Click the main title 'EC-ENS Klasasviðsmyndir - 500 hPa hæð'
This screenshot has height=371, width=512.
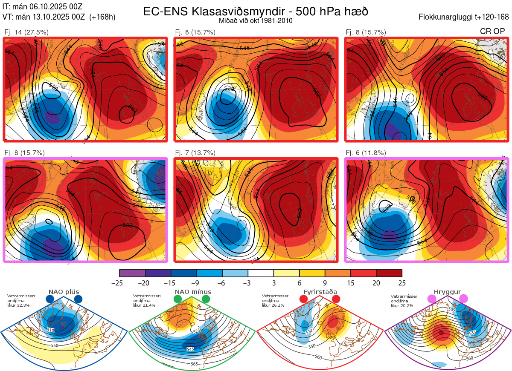tap(256, 12)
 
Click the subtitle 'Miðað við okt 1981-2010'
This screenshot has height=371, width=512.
tap(256, 21)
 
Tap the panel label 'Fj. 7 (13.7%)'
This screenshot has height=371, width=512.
tap(195, 153)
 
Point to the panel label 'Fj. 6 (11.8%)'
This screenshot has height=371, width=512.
tap(366, 153)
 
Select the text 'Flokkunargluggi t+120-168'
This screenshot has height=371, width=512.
tap(464, 17)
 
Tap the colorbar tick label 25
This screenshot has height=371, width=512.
tap(402, 283)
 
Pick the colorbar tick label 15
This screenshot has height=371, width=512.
tap(351, 283)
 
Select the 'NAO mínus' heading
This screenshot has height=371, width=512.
tap(193, 292)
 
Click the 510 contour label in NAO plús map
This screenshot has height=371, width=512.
tap(51, 330)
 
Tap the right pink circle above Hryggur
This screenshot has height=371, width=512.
tap(463, 299)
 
